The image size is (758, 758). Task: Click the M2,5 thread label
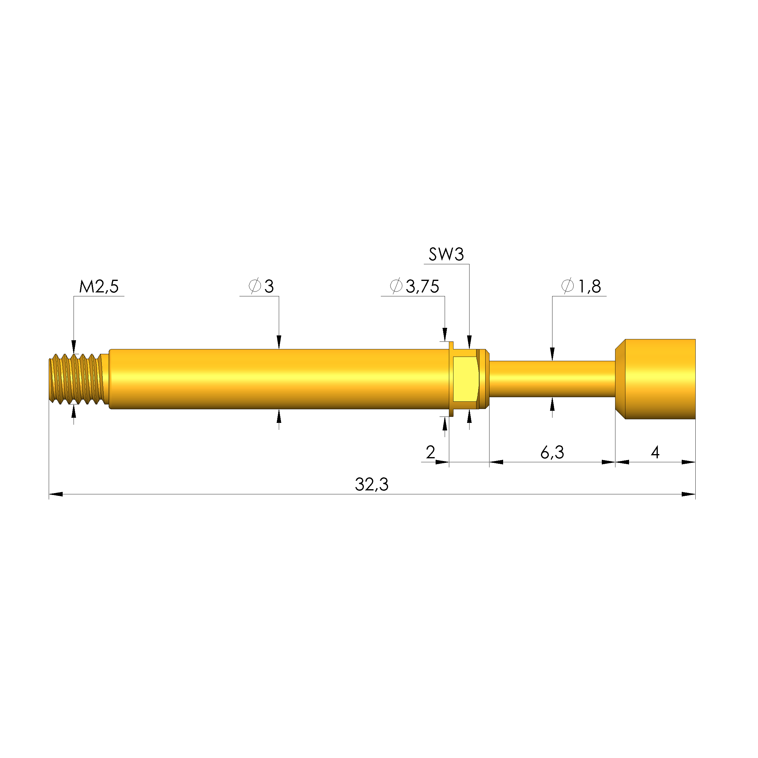[99, 286]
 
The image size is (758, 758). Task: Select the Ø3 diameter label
[261, 286]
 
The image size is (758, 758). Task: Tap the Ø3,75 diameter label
[415, 286]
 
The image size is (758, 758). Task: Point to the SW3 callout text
[447, 254]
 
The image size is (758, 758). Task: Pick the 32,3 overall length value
[371, 485]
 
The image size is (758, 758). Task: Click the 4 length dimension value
[655, 452]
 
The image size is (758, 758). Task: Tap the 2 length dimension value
[430, 452]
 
